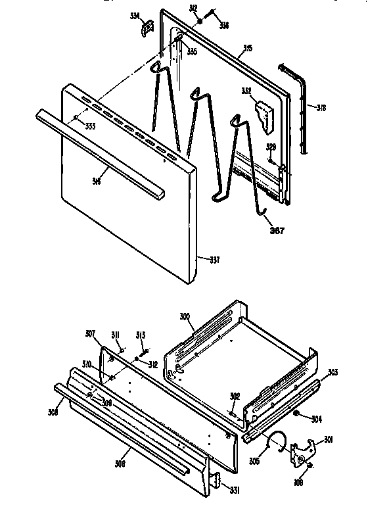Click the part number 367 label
pyautogui.click(x=277, y=229)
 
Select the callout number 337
pyautogui.click(x=214, y=258)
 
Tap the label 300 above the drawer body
pyautogui.click(x=185, y=316)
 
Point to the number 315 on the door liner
pyautogui.click(x=248, y=48)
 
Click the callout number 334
pyautogui.click(x=135, y=15)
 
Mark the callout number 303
pyautogui.click(x=333, y=372)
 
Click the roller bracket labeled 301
pyautogui.click(x=304, y=452)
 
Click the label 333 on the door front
pyautogui.click(x=89, y=125)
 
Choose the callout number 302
pyautogui.click(x=234, y=397)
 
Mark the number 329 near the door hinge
pyautogui.click(x=271, y=147)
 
